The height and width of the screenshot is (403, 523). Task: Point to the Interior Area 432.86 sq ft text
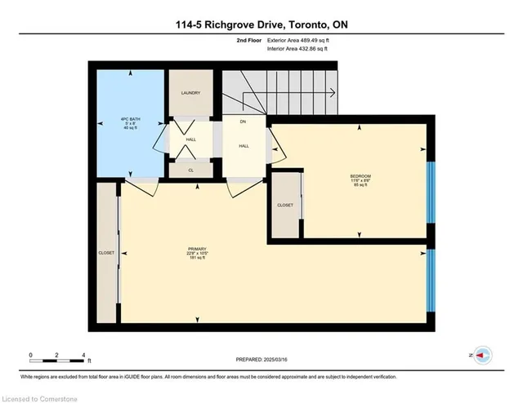(303, 49)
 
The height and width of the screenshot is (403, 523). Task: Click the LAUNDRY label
(190, 93)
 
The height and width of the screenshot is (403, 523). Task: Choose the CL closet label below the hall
(190, 170)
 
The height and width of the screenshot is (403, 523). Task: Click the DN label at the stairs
(243, 122)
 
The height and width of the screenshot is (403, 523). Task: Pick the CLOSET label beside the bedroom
(285, 205)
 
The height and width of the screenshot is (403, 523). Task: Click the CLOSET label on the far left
(106, 254)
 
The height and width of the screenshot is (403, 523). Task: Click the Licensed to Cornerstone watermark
(38, 396)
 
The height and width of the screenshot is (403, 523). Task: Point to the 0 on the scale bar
(30, 355)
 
